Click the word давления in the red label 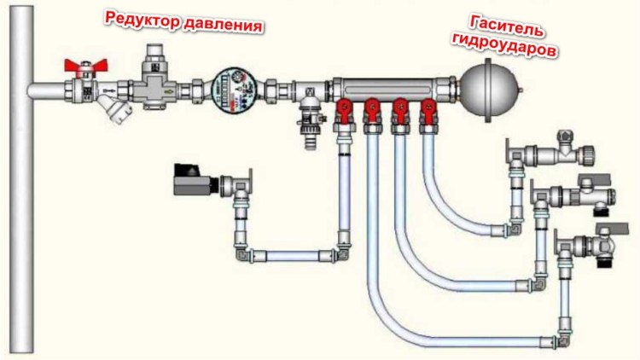[x=223, y=25]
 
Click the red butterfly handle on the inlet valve [x=85, y=65]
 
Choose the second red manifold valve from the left [x=371, y=111]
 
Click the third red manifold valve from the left [x=400, y=111]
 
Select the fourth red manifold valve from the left [x=428, y=111]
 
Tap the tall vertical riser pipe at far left [x=22, y=180]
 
